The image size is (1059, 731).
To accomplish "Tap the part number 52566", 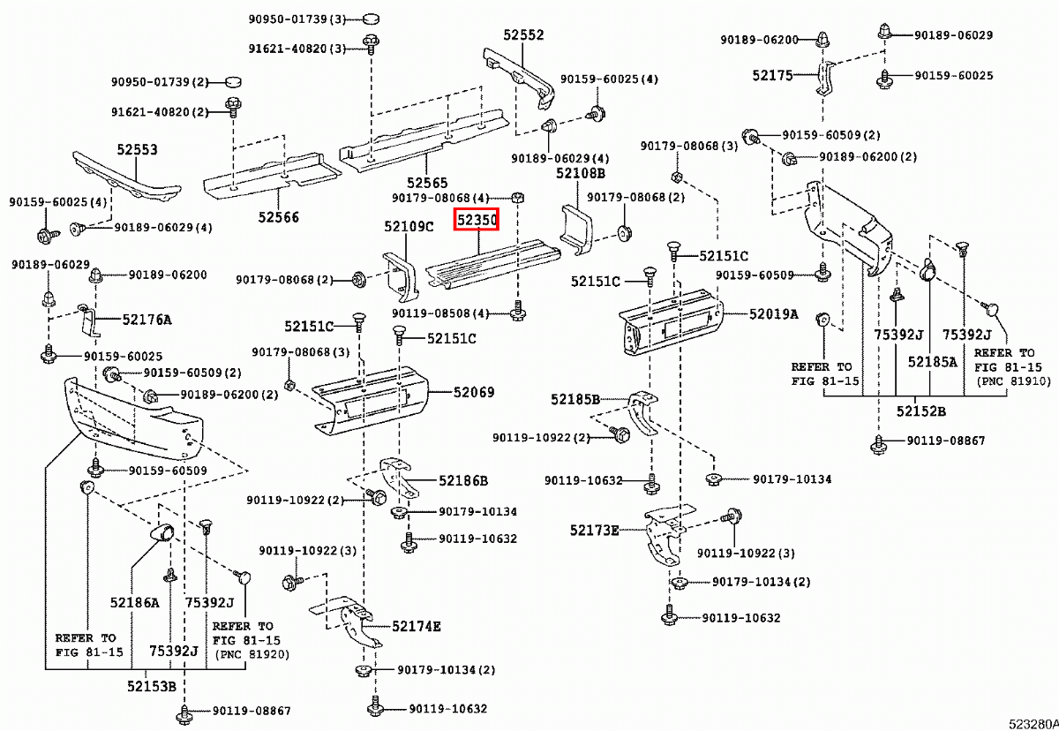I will point(278,217).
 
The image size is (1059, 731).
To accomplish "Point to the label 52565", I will point(428,182).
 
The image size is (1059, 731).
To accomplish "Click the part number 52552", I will point(524,35).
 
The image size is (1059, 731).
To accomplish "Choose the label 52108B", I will point(581,173).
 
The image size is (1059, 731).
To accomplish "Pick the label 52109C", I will point(409,227).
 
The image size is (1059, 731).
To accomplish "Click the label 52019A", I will point(774,313).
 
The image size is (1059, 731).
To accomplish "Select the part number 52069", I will point(474,392).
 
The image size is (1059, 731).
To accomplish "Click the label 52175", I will point(773,76).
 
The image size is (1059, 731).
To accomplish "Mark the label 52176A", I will point(146,319).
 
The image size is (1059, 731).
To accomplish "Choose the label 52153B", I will point(151,686).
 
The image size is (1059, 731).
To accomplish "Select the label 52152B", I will point(921,411).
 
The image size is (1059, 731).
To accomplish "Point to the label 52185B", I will point(575,399).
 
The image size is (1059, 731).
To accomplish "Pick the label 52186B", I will point(462,481).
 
